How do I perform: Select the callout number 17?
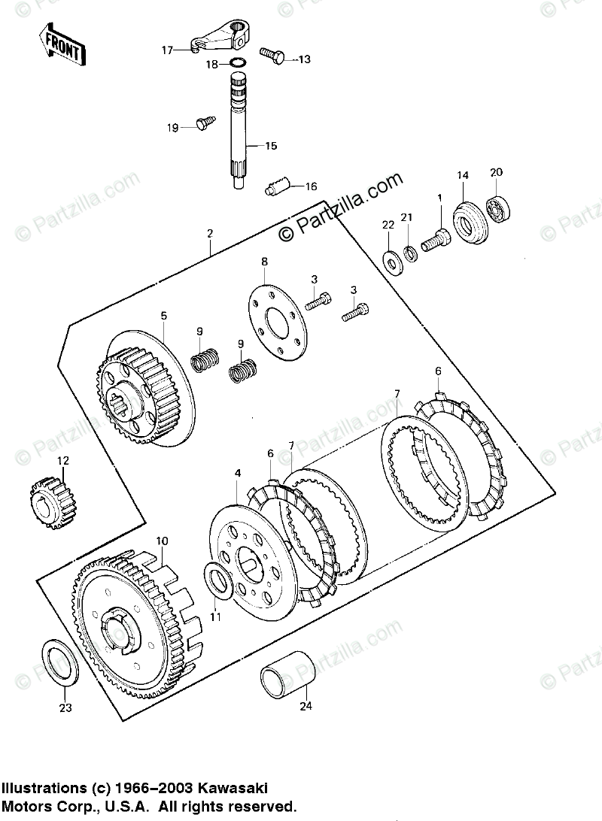click(167, 50)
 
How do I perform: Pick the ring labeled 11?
click(219, 582)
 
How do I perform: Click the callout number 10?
click(162, 541)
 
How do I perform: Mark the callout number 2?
click(211, 234)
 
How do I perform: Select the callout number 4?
click(238, 474)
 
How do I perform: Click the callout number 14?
click(462, 175)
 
